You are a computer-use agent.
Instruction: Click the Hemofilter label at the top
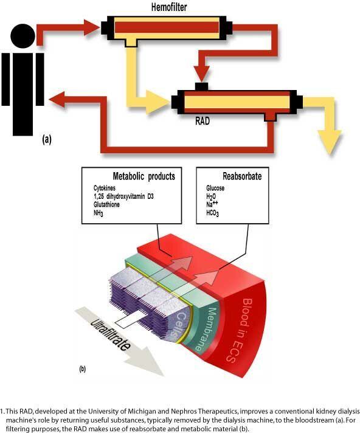click(x=169, y=7)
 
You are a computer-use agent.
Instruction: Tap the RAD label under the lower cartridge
click(x=202, y=121)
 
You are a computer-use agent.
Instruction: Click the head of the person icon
click(x=23, y=36)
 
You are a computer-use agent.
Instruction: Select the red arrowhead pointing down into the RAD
click(x=202, y=74)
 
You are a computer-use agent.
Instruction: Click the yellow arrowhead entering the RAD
click(x=157, y=102)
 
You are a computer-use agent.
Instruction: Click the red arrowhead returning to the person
click(x=57, y=99)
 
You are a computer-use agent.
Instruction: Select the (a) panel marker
click(x=47, y=139)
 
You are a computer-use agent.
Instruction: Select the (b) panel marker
click(x=82, y=369)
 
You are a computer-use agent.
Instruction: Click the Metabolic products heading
click(x=144, y=176)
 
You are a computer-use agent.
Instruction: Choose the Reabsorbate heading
click(x=242, y=176)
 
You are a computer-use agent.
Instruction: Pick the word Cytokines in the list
click(x=105, y=189)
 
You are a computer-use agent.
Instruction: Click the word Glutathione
click(x=106, y=204)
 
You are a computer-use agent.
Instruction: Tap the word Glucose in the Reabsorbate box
click(x=215, y=188)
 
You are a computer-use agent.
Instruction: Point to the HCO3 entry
click(x=213, y=213)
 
